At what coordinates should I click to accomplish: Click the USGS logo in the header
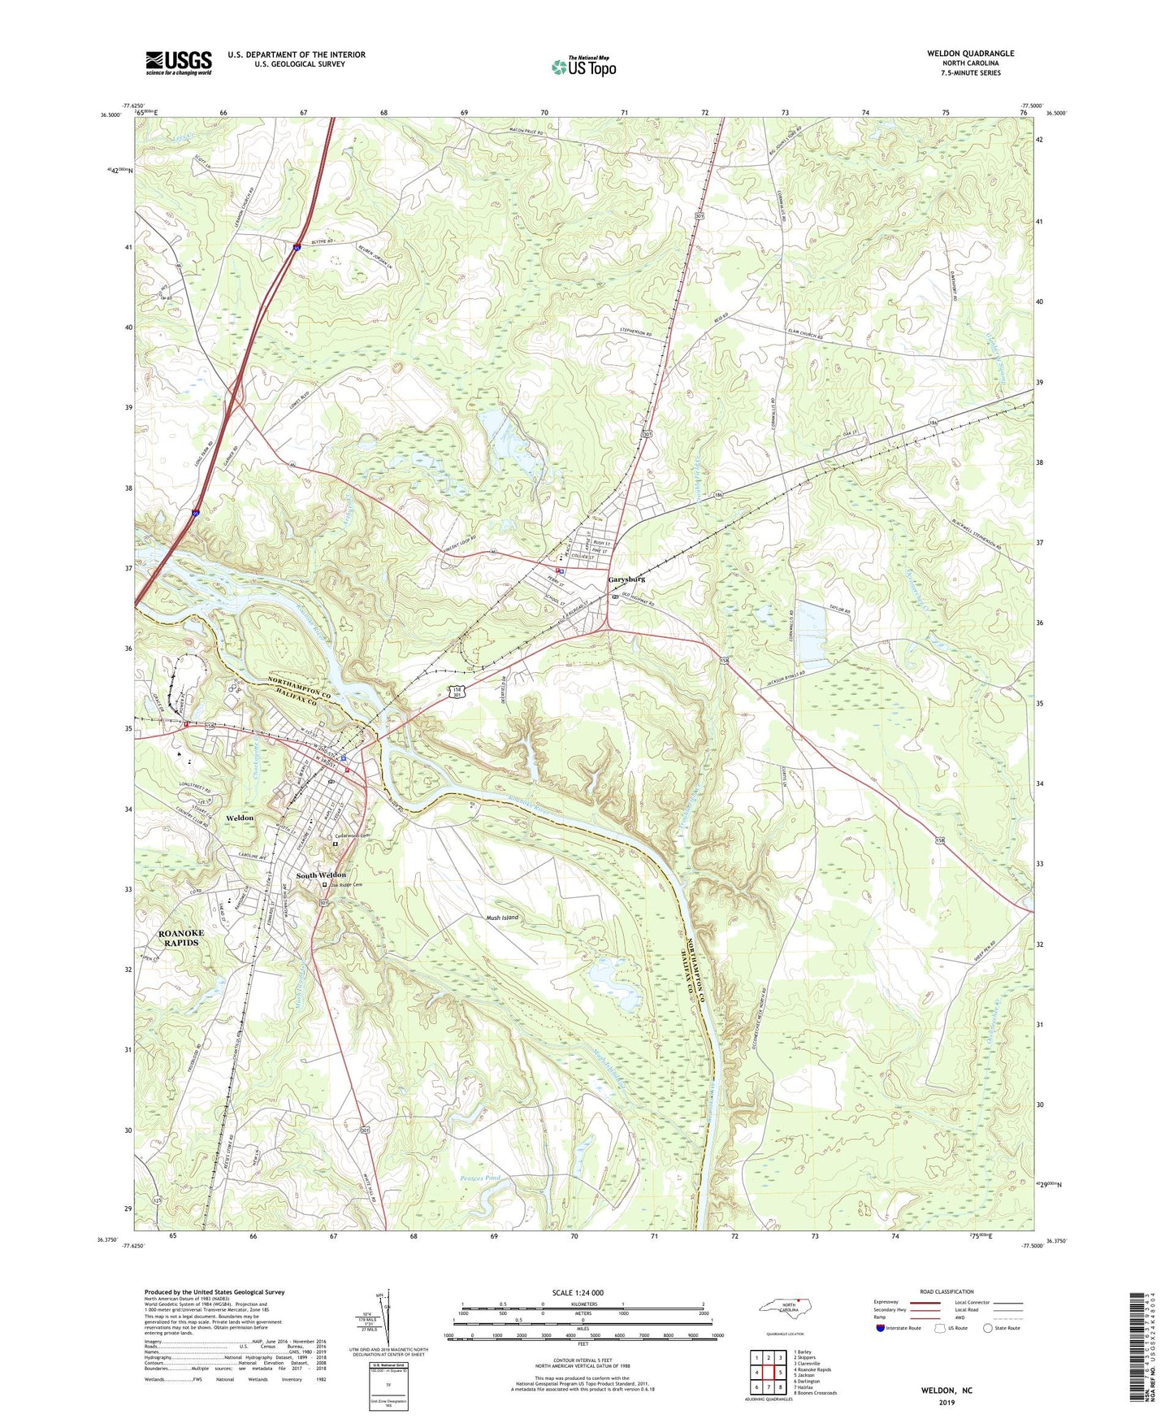[x=179, y=63]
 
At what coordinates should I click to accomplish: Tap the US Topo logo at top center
[x=583, y=67]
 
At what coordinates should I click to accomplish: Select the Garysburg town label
[x=626, y=579]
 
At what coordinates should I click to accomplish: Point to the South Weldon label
[x=321, y=875]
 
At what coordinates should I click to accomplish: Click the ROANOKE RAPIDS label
[x=181, y=938]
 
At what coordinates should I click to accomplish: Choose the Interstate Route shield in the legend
[x=880, y=1328]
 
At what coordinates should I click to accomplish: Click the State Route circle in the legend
[x=988, y=1328]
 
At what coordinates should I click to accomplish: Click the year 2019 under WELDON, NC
[x=947, y=1402]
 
